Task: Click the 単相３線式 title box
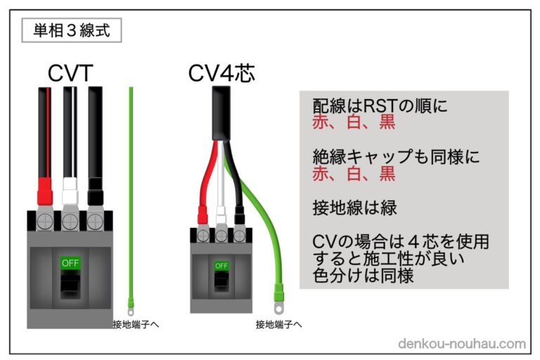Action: tap(72, 31)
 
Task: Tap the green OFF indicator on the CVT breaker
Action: tap(70, 263)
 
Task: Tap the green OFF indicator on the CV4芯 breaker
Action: tap(221, 266)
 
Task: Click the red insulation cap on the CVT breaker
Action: tap(45, 188)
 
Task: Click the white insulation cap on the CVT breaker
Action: tap(70, 188)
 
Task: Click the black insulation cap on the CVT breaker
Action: tap(95, 188)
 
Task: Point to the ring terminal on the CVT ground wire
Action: tap(130, 305)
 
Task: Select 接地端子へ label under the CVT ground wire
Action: tap(136, 325)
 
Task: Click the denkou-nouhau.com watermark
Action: tap(461, 344)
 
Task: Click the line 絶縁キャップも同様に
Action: tap(397, 157)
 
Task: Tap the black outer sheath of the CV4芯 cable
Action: tap(221, 112)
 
